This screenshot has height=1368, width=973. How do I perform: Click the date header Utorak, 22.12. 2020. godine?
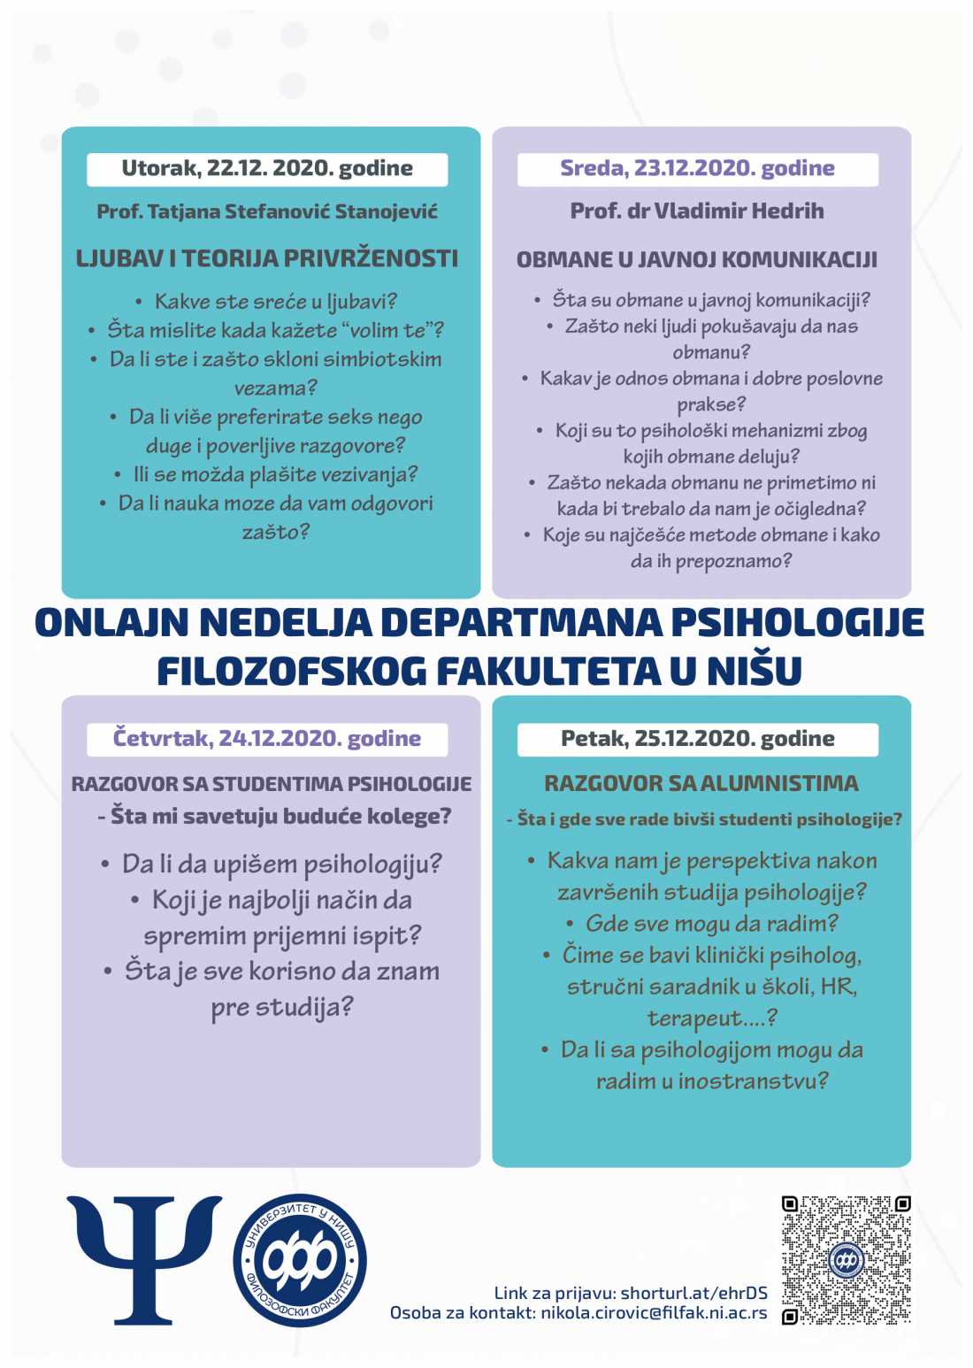coord(267,168)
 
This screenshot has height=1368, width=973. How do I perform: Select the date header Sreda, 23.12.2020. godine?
coord(697,168)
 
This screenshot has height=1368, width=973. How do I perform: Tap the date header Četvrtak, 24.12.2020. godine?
coord(267,738)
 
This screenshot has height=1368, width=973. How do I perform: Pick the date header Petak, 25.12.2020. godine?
coord(697,738)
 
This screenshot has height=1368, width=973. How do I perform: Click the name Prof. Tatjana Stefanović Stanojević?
coord(267,211)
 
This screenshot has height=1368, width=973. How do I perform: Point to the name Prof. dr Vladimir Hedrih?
coord(697,211)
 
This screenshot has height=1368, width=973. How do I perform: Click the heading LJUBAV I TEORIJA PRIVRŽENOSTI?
coord(267,258)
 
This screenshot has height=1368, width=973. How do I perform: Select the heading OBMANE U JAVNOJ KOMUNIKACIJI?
coord(697,259)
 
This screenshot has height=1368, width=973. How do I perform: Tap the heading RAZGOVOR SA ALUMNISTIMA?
coord(701,783)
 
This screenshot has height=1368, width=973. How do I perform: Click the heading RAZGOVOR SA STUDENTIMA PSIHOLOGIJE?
coord(271,784)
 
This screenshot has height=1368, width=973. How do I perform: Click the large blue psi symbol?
coord(144,1258)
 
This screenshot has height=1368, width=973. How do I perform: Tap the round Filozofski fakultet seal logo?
coord(300,1259)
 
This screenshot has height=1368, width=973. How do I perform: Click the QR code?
coord(846,1259)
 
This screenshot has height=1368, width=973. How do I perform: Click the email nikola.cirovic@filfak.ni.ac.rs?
coord(654,1313)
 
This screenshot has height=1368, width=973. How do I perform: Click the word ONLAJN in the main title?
coord(111,623)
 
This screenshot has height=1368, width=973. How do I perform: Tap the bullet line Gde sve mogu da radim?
coord(711,923)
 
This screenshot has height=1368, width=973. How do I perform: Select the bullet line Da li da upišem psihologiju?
coord(281,864)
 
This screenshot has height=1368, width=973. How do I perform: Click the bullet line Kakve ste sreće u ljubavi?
coord(275,302)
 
